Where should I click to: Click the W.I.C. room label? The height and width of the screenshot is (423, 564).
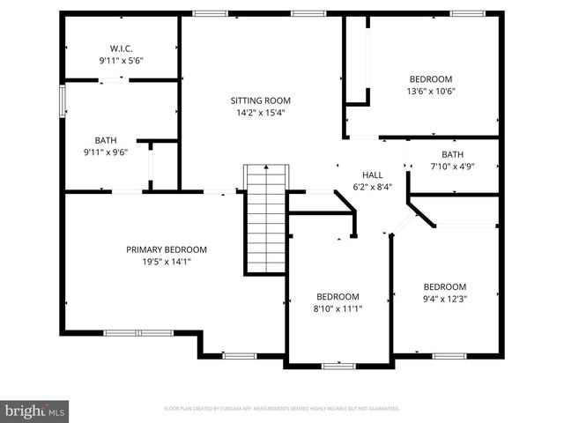click(121, 48)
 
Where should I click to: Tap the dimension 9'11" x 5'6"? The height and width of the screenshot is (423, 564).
click(121, 61)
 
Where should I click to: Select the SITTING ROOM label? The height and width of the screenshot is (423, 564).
click(260, 100)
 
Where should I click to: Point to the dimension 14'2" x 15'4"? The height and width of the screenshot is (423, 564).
click(260, 113)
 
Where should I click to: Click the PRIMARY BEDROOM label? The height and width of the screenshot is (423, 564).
click(166, 249)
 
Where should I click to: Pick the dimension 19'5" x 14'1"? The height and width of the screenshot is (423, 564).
click(166, 262)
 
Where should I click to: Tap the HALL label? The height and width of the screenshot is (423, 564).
click(372, 174)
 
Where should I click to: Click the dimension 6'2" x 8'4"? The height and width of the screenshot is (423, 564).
click(372, 187)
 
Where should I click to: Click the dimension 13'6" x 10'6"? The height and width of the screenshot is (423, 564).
click(430, 91)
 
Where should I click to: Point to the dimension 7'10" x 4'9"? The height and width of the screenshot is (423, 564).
click(452, 167)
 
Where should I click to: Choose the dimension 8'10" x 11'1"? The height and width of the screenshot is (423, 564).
click(338, 308)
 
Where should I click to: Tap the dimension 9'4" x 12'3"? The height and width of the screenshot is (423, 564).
click(444, 299)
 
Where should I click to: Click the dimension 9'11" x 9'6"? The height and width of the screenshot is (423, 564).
click(106, 152)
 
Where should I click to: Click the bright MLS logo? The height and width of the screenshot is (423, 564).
click(35, 410)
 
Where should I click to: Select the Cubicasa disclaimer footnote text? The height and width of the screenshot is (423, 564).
click(282, 409)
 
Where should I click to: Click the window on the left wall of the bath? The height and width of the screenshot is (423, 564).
click(62, 100)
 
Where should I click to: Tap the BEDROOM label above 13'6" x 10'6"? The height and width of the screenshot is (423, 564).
click(430, 78)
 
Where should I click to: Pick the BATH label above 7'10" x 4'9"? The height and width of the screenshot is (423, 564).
click(452, 154)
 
